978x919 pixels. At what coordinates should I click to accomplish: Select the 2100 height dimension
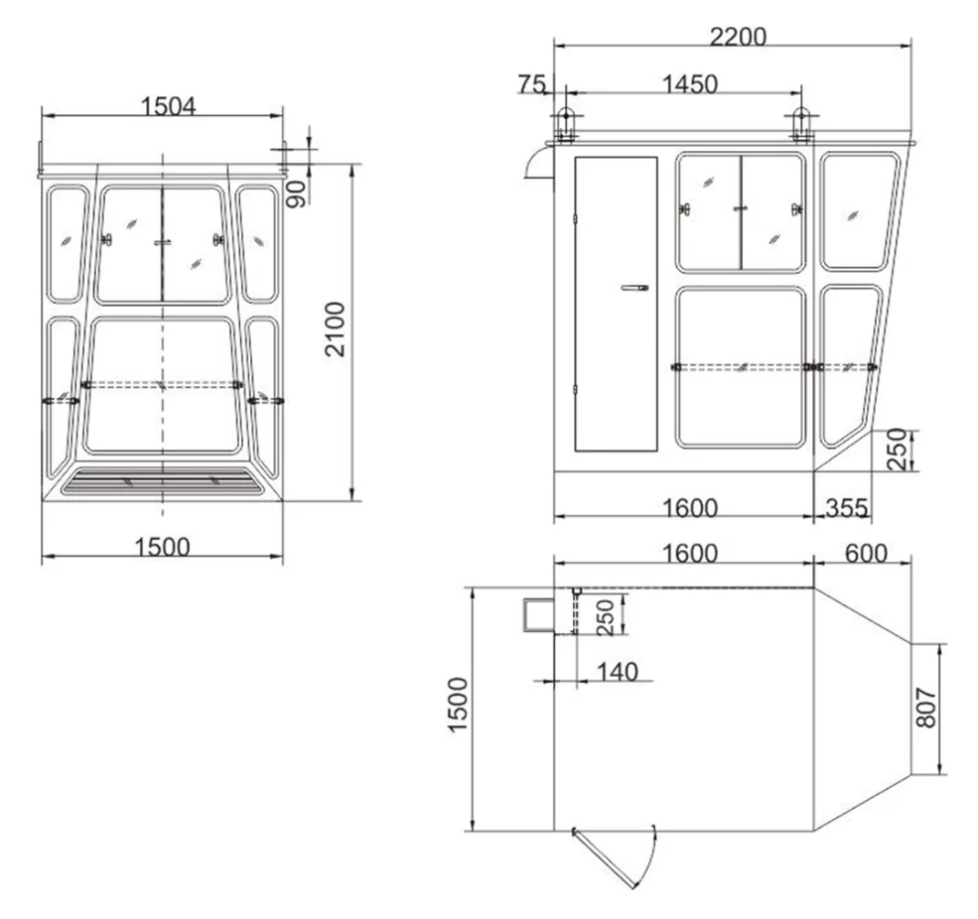click(x=336, y=329)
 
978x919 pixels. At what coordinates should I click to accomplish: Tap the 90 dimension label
click(x=296, y=194)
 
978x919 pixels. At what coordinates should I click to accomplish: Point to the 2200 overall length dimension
click(x=738, y=36)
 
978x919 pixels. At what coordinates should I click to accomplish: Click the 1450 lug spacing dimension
click(x=689, y=84)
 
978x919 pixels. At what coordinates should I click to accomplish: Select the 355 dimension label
click(x=846, y=508)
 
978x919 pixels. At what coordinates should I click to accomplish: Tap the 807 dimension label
click(x=925, y=708)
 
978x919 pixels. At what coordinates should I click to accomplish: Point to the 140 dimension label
click(x=617, y=672)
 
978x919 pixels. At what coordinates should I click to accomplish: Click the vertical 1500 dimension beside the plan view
click(x=458, y=706)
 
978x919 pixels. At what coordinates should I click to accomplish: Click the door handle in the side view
click(x=633, y=288)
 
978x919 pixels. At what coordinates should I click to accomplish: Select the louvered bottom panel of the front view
click(x=164, y=482)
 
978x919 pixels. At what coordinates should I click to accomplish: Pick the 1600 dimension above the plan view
click(x=689, y=553)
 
